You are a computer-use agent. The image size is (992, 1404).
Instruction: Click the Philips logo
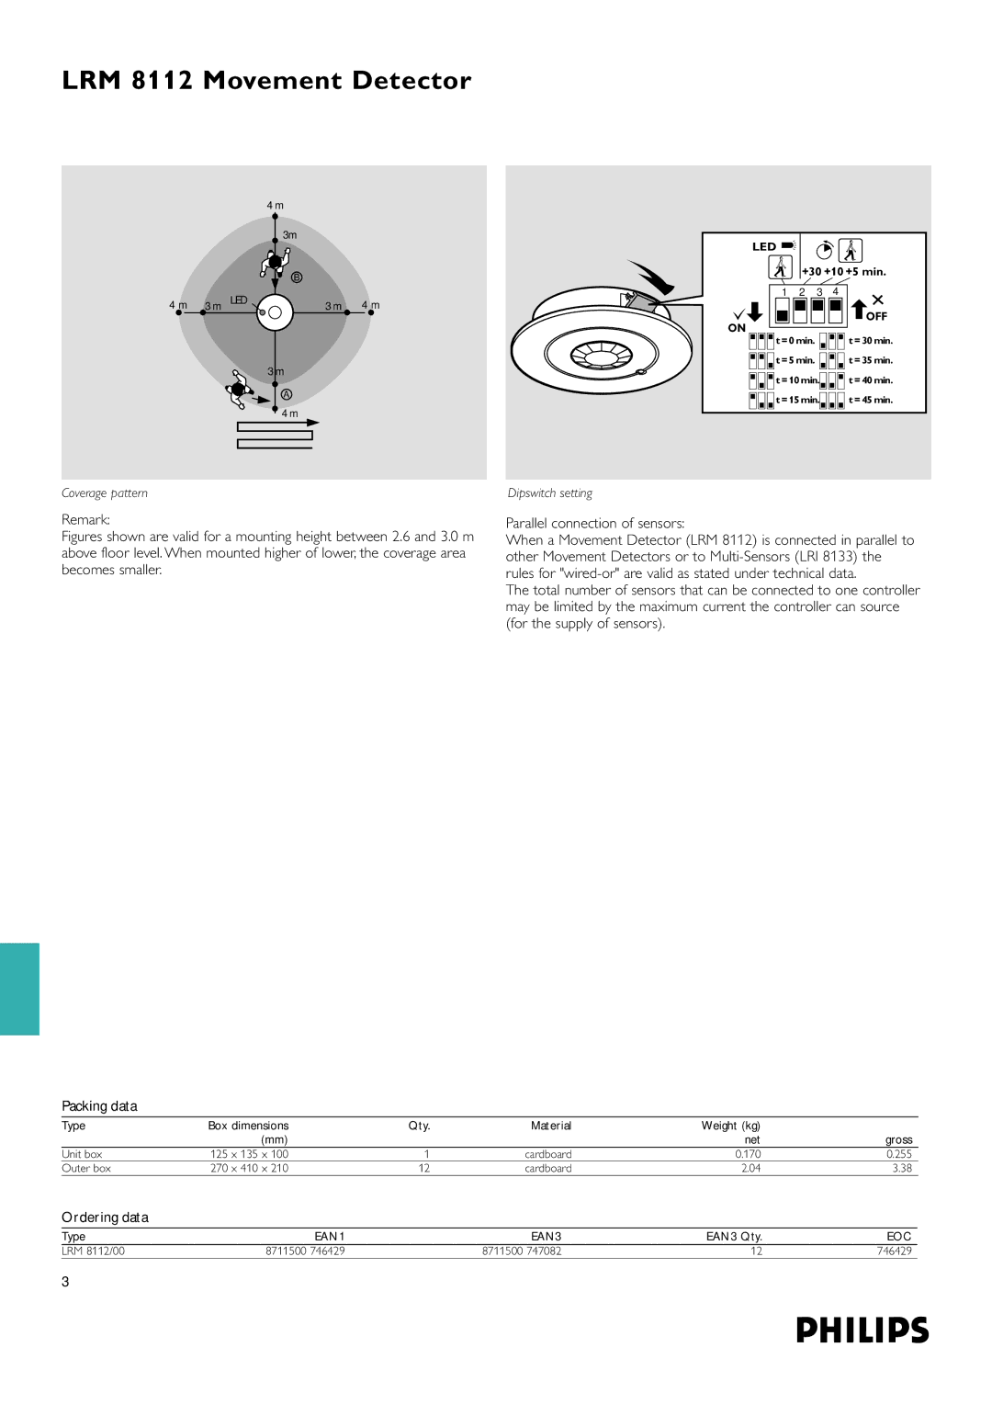point(862,1330)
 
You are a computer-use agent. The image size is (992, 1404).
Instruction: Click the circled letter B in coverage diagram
point(297,277)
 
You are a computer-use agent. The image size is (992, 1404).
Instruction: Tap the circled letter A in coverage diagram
point(287,394)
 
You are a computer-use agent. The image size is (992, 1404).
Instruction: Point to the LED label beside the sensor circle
point(239,300)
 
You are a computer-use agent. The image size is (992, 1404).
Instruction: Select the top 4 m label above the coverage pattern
point(275,206)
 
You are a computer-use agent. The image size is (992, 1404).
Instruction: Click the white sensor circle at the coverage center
point(275,312)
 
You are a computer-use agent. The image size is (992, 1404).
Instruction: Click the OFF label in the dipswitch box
point(876,316)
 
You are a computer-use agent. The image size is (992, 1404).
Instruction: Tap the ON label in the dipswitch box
point(737,328)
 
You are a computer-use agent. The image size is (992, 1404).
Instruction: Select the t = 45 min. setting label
point(871,400)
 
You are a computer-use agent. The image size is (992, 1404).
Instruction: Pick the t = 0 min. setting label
point(795,341)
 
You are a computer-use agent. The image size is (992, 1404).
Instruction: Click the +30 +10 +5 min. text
point(843,272)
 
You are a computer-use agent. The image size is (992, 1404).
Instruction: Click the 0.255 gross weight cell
point(898,1154)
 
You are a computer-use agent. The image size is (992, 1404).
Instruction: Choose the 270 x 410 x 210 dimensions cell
point(249,1169)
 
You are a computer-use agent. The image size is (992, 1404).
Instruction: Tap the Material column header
point(550,1126)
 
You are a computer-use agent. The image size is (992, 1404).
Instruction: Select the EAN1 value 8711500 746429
point(305,1251)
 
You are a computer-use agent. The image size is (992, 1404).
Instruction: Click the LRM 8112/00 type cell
point(93,1251)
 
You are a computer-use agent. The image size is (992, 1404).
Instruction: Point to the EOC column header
point(898,1236)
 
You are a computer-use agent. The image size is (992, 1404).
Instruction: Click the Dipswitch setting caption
point(549,493)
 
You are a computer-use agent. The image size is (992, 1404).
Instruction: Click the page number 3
point(65,1282)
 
